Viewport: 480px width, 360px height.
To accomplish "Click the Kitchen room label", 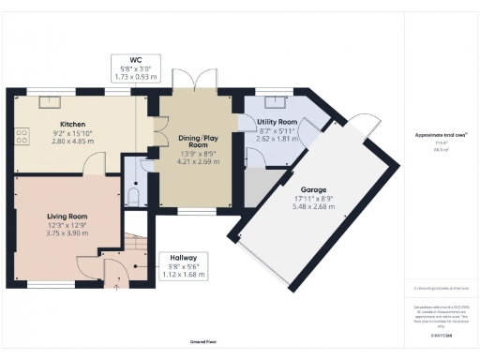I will tap(73, 124).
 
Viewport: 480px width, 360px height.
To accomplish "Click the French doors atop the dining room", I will tap(198, 81).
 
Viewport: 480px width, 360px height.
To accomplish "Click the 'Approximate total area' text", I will tap(440, 135).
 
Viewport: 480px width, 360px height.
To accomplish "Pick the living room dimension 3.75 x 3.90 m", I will tap(67, 232).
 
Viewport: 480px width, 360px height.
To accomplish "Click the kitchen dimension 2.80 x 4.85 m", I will tap(73, 141).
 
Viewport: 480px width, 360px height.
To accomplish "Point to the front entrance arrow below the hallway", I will tap(116, 288).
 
